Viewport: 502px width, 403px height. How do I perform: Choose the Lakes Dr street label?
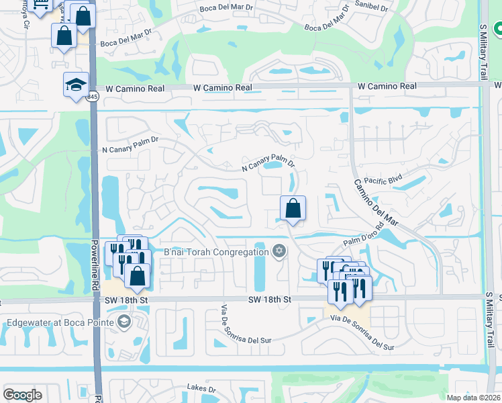click(201, 388)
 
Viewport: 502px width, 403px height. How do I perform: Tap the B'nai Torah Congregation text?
click(216, 252)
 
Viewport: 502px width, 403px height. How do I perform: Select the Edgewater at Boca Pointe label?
click(58, 322)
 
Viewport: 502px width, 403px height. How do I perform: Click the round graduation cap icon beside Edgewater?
click(123, 322)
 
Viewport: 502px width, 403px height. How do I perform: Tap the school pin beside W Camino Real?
click(76, 85)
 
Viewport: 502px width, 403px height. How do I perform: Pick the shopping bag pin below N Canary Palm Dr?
click(293, 208)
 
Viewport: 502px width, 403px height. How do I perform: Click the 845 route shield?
click(91, 97)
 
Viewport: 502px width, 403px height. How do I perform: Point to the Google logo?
click(22, 395)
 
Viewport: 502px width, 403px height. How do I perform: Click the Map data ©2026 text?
click(472, 398)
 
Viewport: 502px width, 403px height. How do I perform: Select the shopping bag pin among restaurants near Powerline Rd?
click(137, 275)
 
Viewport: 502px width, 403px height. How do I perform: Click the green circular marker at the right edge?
click(498, 30)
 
